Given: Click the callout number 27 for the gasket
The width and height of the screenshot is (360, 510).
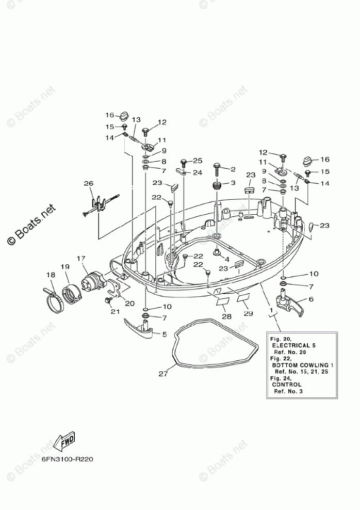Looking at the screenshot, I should pyautogui.click(x=163, y=374).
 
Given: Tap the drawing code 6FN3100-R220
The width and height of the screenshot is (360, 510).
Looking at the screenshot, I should pyautogui.click(x=67, y=458).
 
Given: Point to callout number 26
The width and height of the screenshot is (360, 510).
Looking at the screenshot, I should pyautogui.click(x=89, y=183).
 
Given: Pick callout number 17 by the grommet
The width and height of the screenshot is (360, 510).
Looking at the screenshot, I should pyautogui.click(x=81, y=258).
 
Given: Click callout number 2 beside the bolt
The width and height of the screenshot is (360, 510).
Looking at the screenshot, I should pyautogui.click(x=233, y=169).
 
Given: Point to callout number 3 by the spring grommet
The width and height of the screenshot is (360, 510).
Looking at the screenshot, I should pyautogui.click(x=233, y=183).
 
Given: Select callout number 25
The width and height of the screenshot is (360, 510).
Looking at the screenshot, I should pyautogui.click(x=198, y=161).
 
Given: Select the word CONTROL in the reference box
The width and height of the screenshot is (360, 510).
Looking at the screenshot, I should pyautogui.click(x=287, y=385).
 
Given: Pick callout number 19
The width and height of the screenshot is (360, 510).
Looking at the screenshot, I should pyautogui.click(x=65, y=267).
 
